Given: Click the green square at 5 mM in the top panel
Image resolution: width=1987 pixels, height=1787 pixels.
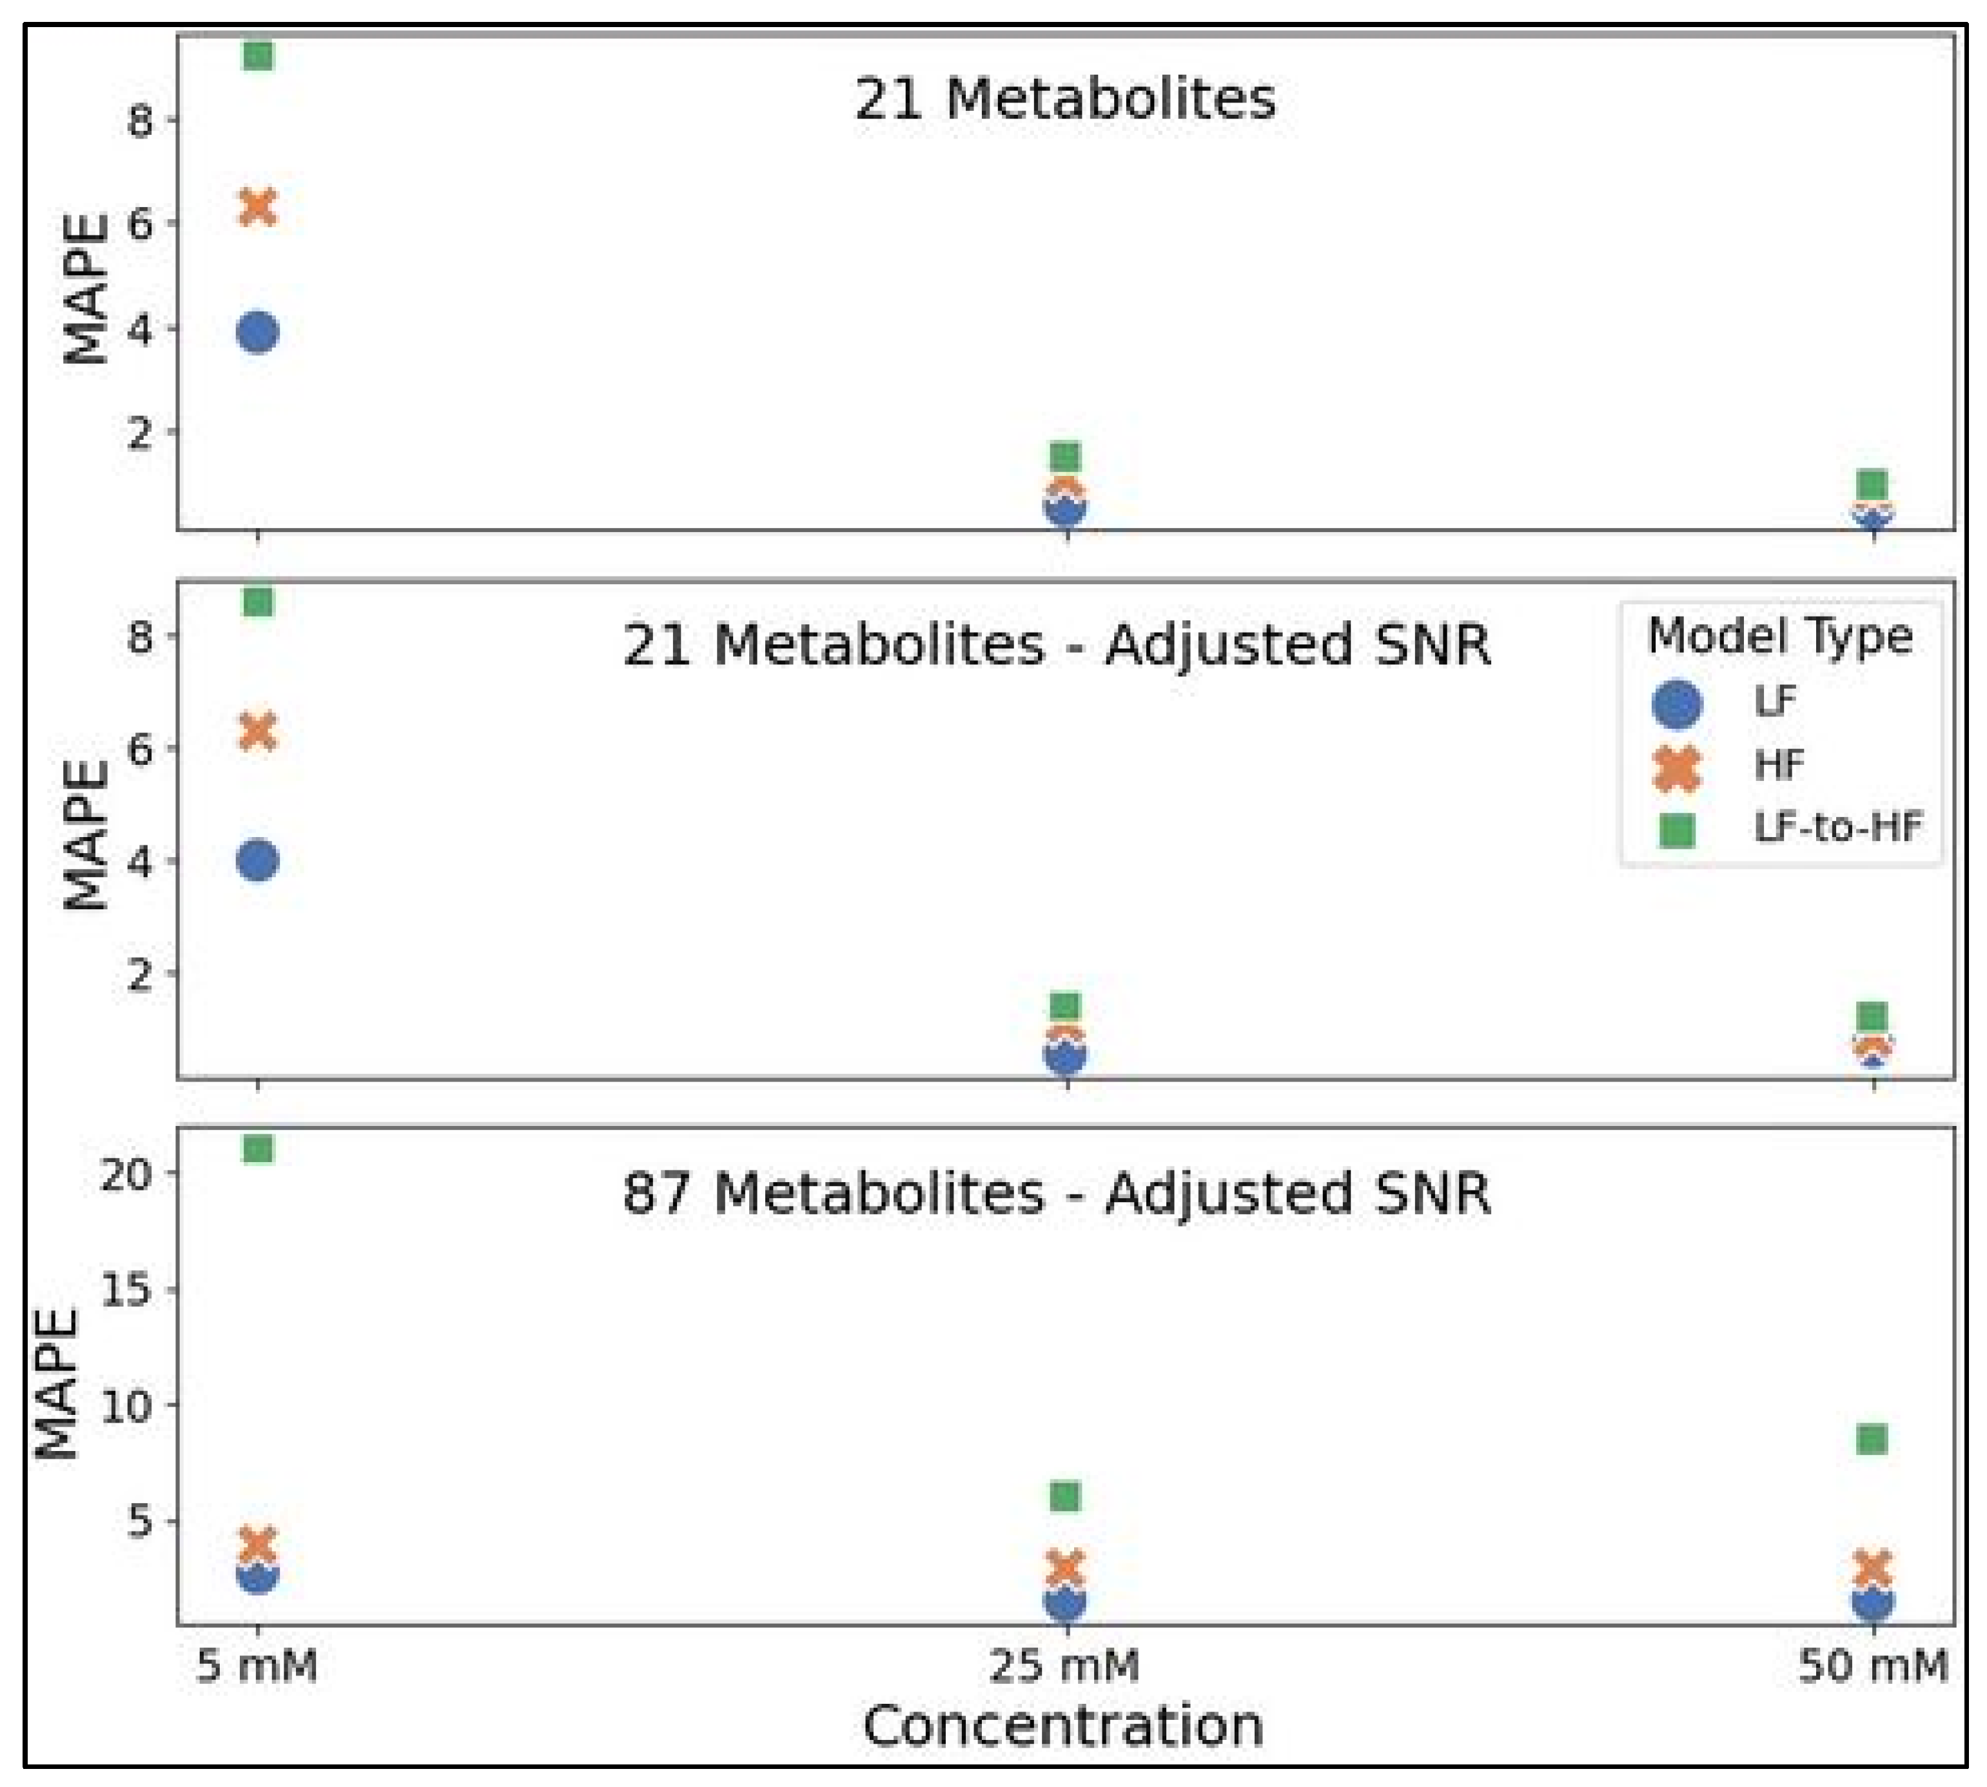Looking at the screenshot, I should point(257,56).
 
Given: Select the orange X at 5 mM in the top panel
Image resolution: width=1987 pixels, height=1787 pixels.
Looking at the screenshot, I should point(257,207).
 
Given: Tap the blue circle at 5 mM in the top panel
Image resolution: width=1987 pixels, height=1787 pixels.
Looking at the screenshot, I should point(257,333).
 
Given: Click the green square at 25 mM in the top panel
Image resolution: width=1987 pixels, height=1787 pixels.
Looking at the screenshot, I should point(1065,457).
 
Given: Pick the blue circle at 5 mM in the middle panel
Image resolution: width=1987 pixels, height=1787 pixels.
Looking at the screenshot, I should point(257,861).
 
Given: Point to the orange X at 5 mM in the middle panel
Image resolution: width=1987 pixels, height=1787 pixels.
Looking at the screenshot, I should point(257,731).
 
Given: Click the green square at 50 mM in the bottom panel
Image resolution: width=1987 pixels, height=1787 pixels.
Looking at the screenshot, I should point(1872,1439).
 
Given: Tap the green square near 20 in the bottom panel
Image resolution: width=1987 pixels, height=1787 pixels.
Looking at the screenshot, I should point(257,1149).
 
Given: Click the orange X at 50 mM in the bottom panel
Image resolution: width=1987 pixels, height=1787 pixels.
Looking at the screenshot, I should point(1872,1568).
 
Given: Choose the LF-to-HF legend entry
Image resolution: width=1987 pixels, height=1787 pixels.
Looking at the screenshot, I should point(1836,827).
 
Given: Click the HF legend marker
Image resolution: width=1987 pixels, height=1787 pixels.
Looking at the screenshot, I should point(1677,767).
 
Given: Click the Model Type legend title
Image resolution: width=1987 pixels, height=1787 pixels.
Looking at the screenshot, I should point(1780,637).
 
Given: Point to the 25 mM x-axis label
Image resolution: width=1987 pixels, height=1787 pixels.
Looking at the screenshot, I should point(1064,1666).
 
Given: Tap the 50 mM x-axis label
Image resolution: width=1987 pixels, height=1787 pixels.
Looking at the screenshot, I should point(1872,1666).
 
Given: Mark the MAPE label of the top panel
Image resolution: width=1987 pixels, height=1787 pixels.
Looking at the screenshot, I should point(84,289).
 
